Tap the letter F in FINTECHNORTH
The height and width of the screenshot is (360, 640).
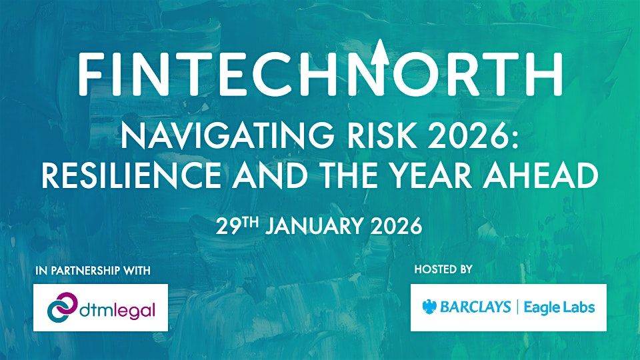pyautogui.click(x=90, y=74)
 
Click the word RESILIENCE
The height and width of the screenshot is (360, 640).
pyautogui.click(x=131, y=175)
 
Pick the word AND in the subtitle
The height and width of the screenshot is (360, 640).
pyautogui.click(x=269, y=175)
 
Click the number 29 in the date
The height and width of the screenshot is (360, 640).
pyautogui.click(x=227, y=226)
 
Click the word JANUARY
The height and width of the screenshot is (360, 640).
pyautogui.click(x=314, y=226)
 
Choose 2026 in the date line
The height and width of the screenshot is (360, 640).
pyautogui.click(x=395, y=226)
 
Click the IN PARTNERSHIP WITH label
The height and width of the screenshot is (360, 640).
pyautogui.click(x=93, y=271)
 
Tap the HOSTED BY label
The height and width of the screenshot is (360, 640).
pyautogui.click(x=443, y=269)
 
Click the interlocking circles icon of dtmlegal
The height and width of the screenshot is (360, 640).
pyautogui.click(x=62, y=307)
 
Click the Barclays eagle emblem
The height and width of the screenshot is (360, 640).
pyautogui.click(x=429, y=307)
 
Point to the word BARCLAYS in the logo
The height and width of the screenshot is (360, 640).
pyautogui.click(x=475, y=307)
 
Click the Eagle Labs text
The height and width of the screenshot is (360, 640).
pyautogui.click(x=559, y=307)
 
